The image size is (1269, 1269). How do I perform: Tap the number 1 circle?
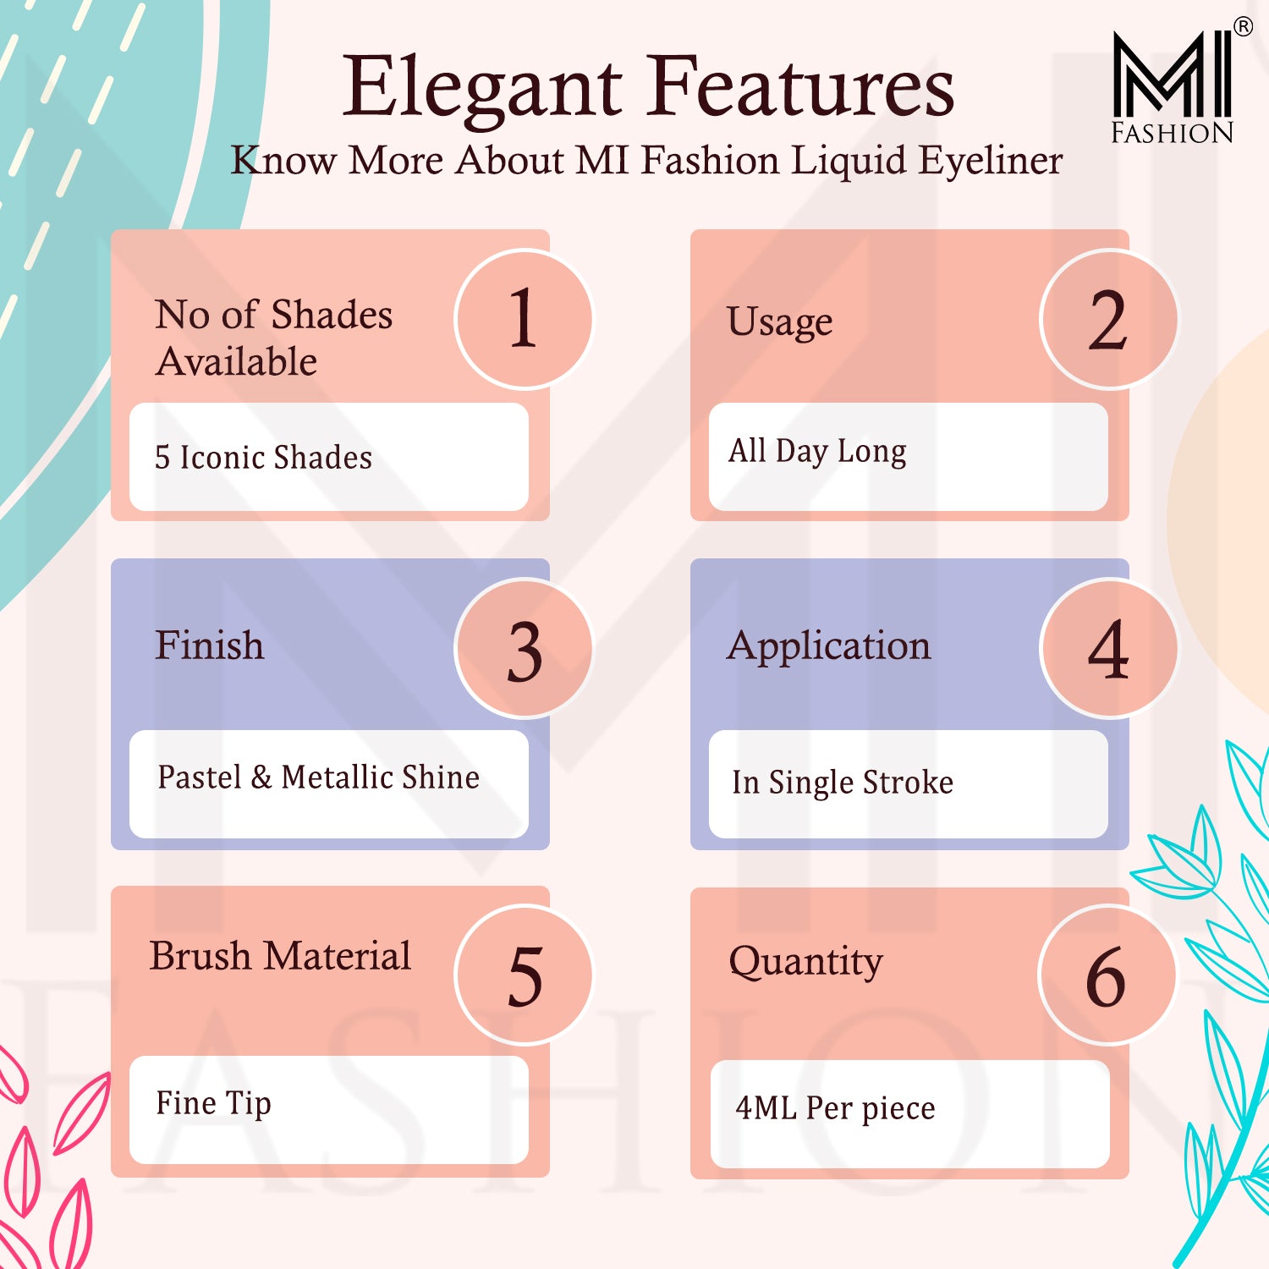click(x=525, y=320)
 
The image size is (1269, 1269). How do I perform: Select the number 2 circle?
click(x=1109, y=320)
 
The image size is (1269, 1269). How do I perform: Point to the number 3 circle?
click(x=525, y=649)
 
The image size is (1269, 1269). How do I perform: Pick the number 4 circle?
click(x=1109, y=649)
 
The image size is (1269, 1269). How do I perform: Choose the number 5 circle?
click(x=525, y=975)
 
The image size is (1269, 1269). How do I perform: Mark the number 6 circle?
click(x=1107, y=975)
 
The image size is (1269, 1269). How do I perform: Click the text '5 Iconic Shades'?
click(x=263, y=458)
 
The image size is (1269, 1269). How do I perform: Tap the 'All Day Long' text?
click(x=817, y=452)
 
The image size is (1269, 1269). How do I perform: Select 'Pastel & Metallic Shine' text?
click(x=319, y=777)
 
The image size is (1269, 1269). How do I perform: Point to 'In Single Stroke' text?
click(x=843, y=783)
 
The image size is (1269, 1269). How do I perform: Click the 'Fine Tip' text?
click(x=213, y=1104)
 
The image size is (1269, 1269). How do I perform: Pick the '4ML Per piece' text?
click(x=835, y=1108)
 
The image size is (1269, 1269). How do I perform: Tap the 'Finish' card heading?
click(x=210, y=645)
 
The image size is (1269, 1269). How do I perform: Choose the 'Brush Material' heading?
click(x=280, y=956)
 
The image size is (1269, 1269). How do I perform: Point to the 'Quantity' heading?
click(x=805, y=963)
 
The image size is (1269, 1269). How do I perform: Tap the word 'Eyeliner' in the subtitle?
click(x=991, y=162)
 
